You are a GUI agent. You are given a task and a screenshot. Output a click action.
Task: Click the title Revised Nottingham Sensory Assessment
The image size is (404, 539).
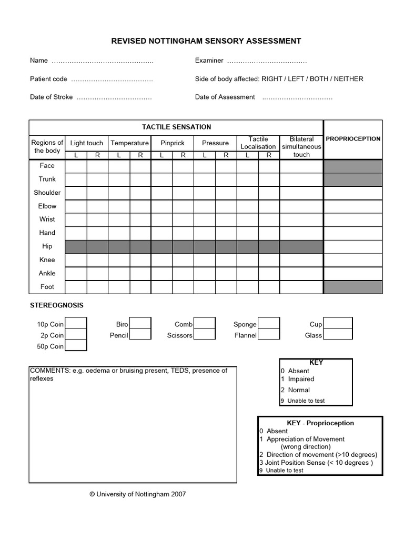tap(206, 41)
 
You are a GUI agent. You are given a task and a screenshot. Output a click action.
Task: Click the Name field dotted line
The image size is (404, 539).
tap(103, 61)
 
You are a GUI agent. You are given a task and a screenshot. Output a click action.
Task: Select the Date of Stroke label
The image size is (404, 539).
tap(52, 97)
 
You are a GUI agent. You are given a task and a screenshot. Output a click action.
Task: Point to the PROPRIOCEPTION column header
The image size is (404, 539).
tap(353, 139)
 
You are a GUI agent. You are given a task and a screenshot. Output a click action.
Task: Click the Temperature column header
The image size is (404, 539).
tap(129, 143)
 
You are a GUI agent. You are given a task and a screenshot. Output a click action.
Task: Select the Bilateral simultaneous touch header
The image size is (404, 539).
tap(301, 147)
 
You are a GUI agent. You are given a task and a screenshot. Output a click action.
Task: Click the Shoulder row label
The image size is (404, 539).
tap(47, 193)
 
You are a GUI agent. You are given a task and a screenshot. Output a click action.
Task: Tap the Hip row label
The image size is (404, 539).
tap(47, 246)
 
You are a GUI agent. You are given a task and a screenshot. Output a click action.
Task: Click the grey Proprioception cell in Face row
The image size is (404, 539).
tap(353, 166)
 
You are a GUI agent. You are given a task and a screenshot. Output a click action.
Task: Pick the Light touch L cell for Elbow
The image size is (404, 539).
tap(76, 206)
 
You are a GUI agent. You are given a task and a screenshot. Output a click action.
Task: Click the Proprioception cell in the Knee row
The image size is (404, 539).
tap(353, 260)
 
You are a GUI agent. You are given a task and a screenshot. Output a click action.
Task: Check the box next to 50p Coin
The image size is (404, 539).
tap(76, 345)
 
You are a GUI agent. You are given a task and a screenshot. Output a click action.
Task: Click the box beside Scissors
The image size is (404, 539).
tap(205, 334)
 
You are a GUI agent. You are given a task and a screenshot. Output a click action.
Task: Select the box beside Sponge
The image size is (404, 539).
tap(269, 323)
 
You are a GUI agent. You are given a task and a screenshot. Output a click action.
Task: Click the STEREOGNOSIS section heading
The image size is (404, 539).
tap(57, 305)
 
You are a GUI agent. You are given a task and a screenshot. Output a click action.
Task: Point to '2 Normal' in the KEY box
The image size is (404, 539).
tap(299, 390)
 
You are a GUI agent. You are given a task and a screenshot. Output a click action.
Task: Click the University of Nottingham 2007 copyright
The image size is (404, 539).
tap(137, 494)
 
